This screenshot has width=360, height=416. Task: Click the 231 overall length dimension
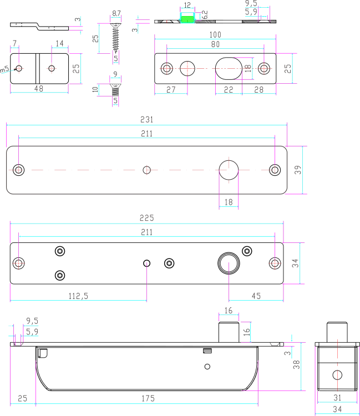click(146, 120)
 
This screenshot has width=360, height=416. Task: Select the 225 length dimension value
click(146, 218)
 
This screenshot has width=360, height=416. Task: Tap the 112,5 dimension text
click(78, 296)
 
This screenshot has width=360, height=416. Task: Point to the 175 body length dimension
click(148, 398)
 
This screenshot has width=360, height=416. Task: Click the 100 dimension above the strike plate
click(215, 35)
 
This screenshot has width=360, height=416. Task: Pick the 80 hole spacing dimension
click(215, 44)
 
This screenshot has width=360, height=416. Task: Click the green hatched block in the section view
click(187, 19)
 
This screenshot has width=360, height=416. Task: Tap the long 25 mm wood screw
click(116, 37)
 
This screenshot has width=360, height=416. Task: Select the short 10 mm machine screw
click(115, 89)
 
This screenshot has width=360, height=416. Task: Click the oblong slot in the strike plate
click(229, 68)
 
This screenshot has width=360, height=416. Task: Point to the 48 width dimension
click(39, 89)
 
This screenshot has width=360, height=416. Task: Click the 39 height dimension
click(298, 170)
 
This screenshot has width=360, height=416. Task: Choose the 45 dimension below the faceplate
click(256, 296)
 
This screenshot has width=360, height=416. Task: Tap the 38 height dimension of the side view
click(296, 364)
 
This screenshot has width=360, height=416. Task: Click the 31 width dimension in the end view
click(337, 398)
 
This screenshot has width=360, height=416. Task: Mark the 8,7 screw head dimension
click(116, 13)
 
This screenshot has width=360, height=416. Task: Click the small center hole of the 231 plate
click(146, 170)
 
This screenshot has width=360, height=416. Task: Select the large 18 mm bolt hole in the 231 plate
click(229, 170)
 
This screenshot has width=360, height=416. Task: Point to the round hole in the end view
click(337, 375)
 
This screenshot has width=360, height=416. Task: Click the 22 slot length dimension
click(229, 90)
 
